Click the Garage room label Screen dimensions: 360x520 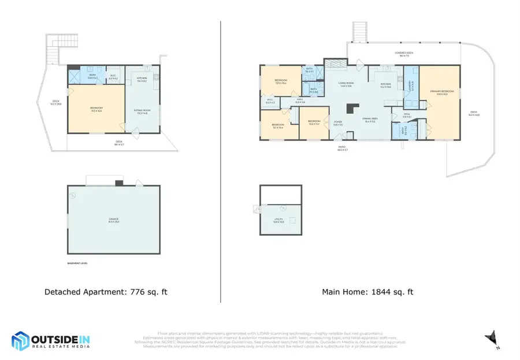(x=113, y=219)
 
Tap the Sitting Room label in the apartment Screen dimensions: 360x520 (x=142, y=112)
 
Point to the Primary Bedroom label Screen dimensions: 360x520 (x=442, y=92)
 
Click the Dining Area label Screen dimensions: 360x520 (x=370, y=120)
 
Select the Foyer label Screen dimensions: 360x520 (x=338, y=123)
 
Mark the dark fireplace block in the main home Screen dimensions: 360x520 (x=351, y=108)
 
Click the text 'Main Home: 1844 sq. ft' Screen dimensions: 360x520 (x=367, y=292)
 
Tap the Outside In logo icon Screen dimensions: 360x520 (x=21, y=341)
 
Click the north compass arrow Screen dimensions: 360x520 (x=491, y=337)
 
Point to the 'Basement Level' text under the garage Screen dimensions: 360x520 (x=78, y=263)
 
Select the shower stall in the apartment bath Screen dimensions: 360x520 (x=75, y=77)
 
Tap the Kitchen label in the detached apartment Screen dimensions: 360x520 (x=142, y=79)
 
